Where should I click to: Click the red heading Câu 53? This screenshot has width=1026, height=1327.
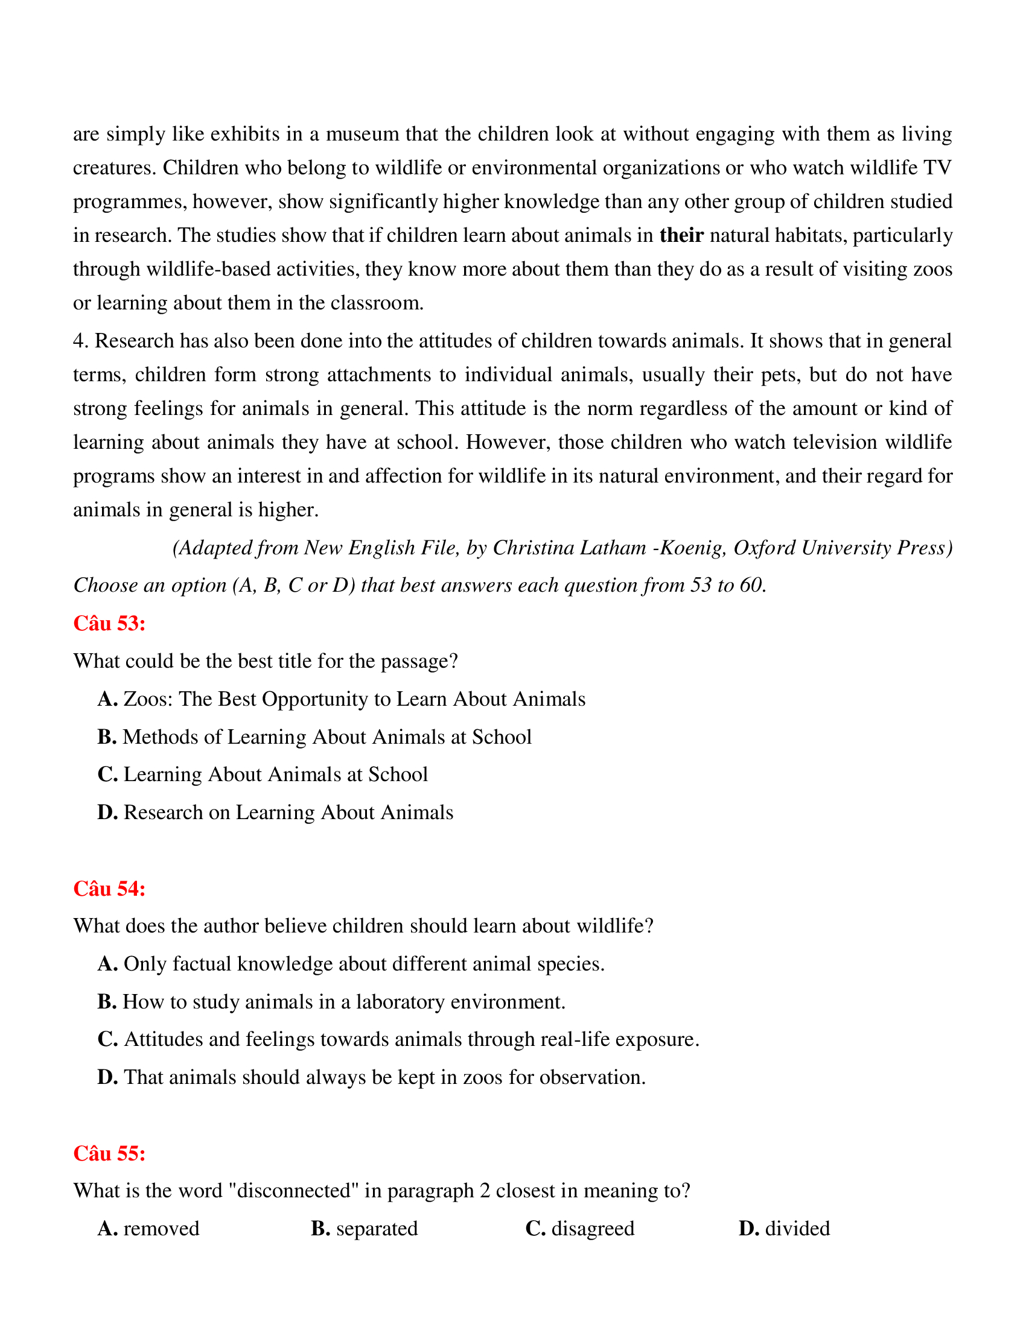109,624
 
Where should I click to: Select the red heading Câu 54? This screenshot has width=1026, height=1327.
109,888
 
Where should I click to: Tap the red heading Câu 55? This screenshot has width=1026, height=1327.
109,1153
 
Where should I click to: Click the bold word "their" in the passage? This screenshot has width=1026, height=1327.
681,235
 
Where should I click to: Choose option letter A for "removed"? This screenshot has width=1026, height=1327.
107,1229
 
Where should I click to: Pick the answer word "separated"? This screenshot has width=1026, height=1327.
377,1229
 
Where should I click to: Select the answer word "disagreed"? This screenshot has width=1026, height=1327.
593,1229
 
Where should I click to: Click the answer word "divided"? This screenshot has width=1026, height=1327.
797,1229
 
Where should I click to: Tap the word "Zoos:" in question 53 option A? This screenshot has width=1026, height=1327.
148,699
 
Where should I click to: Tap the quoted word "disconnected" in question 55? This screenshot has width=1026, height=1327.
294,1191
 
